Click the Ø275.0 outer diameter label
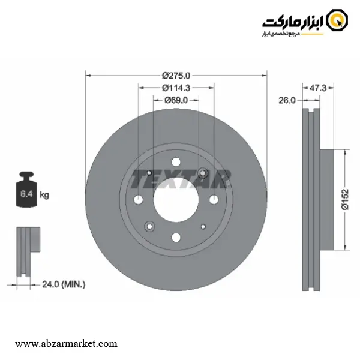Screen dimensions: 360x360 click(x=176, y=76)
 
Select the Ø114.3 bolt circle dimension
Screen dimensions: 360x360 click(x=176, y=88)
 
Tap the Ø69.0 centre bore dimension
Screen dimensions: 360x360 click(x=176, y=100)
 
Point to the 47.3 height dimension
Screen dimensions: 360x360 click(x=318, y=88)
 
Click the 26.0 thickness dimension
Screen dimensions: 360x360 click(x=287, y=100)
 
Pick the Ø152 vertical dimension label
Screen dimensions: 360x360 click(x=345, y=199)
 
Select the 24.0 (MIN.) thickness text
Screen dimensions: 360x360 click(x=64, y=284)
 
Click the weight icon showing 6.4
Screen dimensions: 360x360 click(x=26, y=190)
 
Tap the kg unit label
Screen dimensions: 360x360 click(x=44, y=195)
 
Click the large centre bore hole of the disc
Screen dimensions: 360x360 click(x=176, y=200)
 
